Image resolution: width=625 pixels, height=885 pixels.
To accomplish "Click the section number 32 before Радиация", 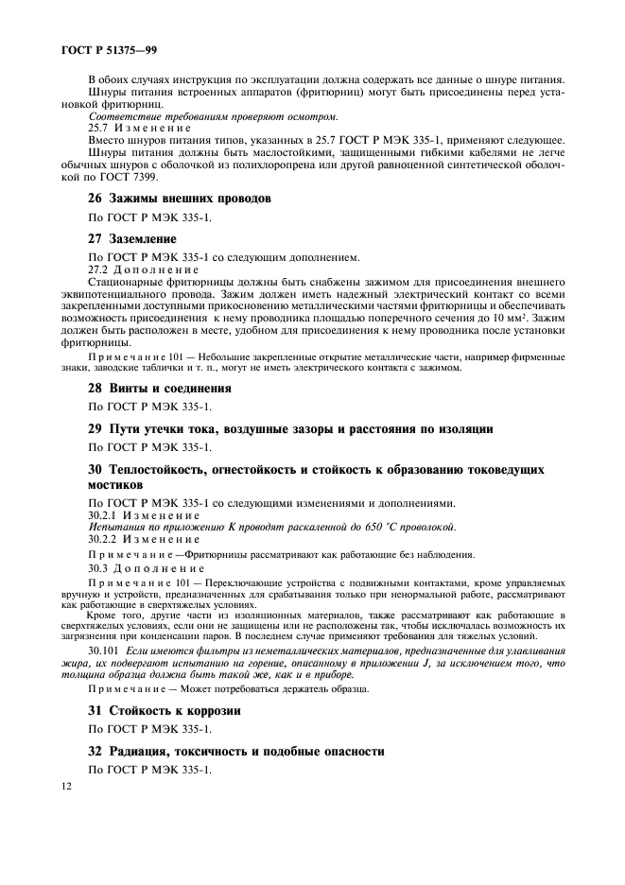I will point(95,751).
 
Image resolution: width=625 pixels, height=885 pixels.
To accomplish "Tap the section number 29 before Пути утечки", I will point(95,428).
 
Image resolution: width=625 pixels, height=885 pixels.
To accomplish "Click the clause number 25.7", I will point(99,128).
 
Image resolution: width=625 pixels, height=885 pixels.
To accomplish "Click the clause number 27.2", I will point(99,269).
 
